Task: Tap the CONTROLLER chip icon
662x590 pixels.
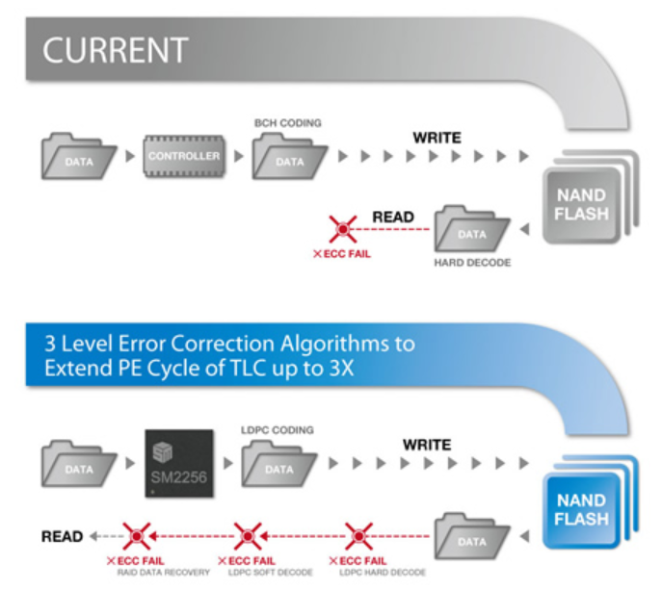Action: pos(183,156)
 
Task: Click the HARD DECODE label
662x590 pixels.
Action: pos(472,261)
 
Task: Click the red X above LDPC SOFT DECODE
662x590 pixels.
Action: pos(248,534)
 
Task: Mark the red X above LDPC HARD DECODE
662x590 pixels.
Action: pos(358,534)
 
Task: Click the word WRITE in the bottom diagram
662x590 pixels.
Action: pos(425,445)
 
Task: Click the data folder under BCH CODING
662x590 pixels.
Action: pos(286,157)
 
